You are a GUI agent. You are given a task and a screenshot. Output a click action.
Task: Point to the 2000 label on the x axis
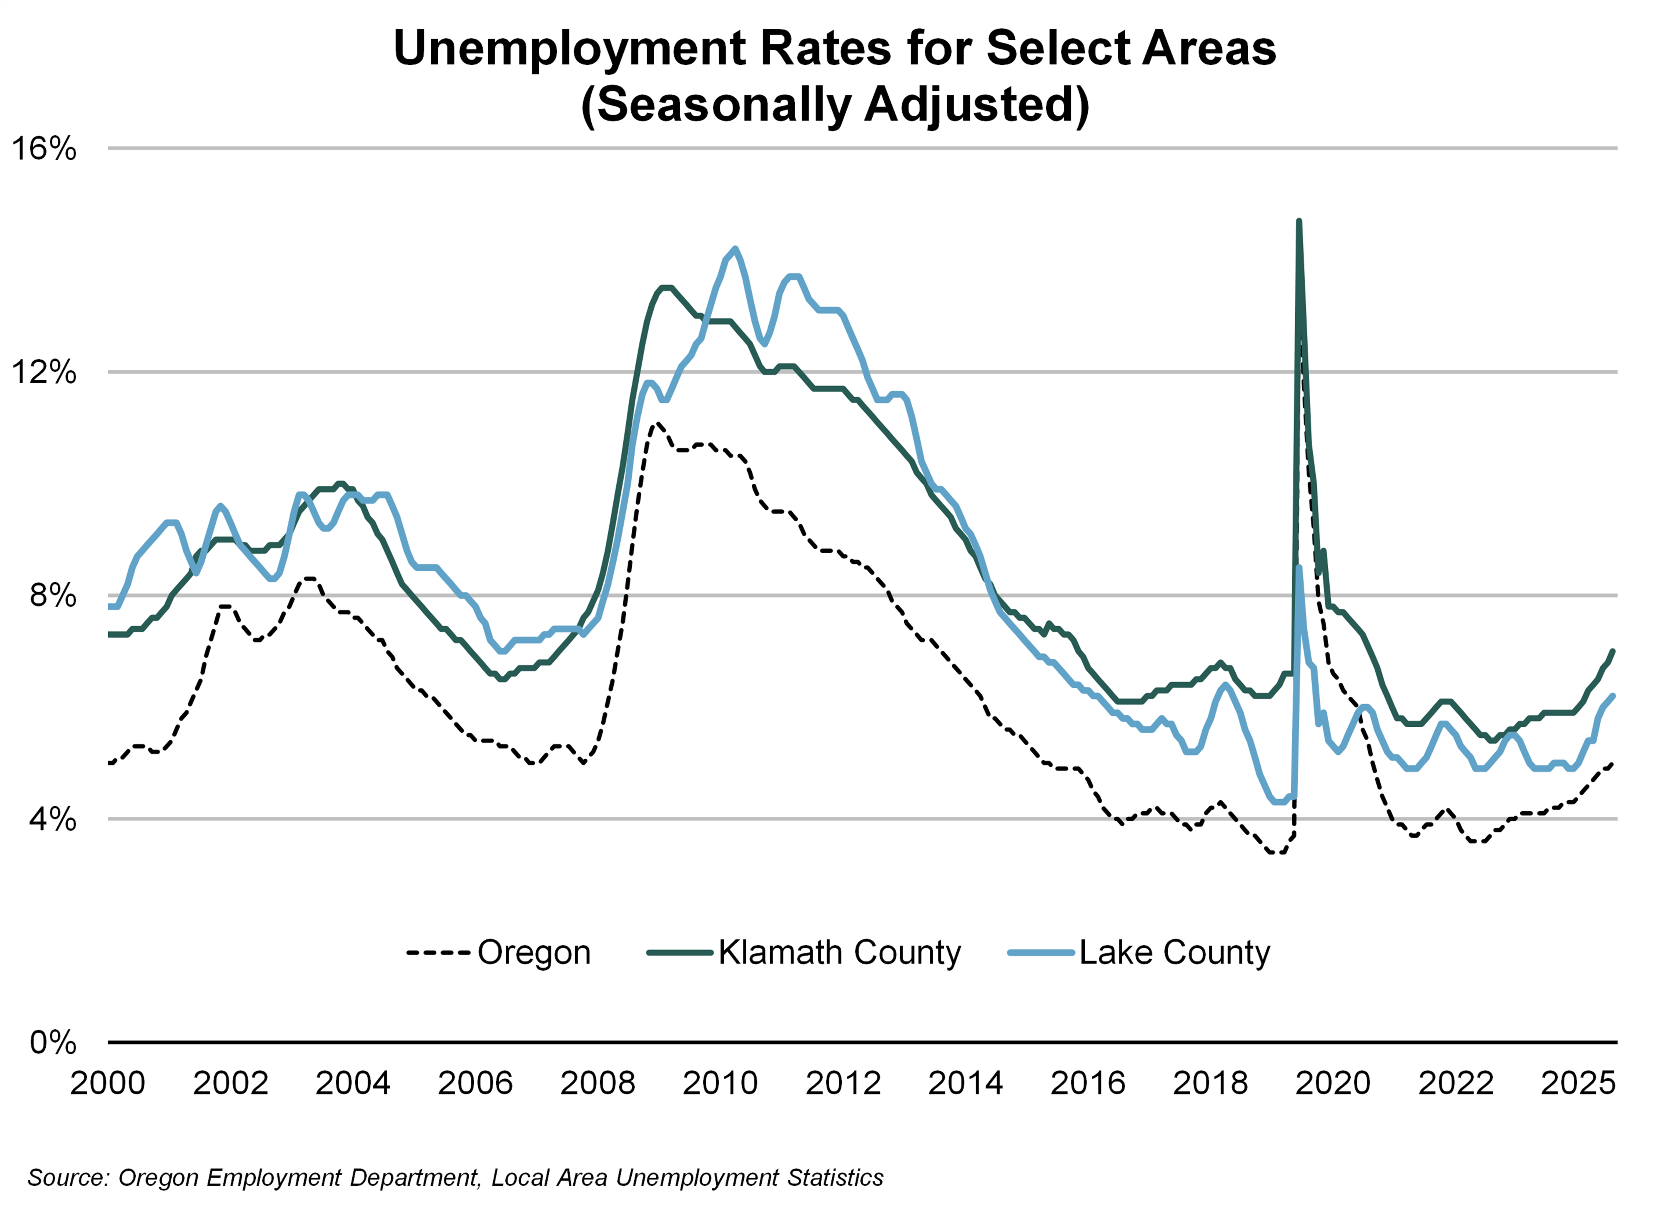tap(108, 1083)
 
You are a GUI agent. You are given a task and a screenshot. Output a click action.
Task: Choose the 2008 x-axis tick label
tap(598, 1083)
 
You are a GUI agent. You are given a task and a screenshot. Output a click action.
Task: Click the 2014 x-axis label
tap(965, 1083)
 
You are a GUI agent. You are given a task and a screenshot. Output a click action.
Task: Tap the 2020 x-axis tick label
tap(1333, 1083)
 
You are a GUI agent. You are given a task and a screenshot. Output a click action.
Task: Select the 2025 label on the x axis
tap(1578, 1083)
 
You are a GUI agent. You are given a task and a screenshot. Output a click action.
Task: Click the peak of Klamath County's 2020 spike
tap(1299, 221)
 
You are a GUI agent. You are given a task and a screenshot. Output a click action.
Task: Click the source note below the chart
tap(455, 1178)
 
